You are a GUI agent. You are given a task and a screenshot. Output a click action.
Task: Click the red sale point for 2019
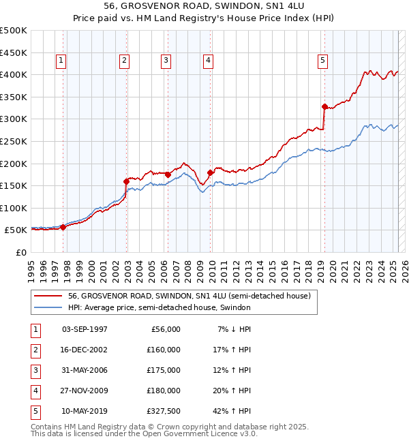pyautogui.click(x=324, y=106)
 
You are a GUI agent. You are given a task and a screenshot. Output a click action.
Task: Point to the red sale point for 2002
pyautogui.click(x=126, y=181)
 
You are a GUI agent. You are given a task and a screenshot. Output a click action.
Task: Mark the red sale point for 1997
pyautogui.click(x=63, y=227)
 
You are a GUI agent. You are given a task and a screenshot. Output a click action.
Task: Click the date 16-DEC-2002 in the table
pyautogui.click(x=85, y=350)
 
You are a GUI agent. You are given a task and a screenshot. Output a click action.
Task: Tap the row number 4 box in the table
pyautogui.click(x=33, y=391)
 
